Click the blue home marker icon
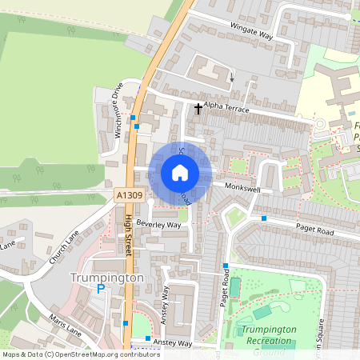click(180, 172)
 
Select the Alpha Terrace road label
click(227, 106)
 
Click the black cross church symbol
click(198, 106)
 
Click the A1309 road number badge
click(127, 194)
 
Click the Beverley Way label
click(158, 225)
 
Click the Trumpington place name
click(106, 277)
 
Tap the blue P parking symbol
click(101, 290)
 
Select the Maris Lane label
click(64, 327)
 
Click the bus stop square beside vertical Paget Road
click(226, 266)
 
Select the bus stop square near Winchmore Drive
click(137, 126)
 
